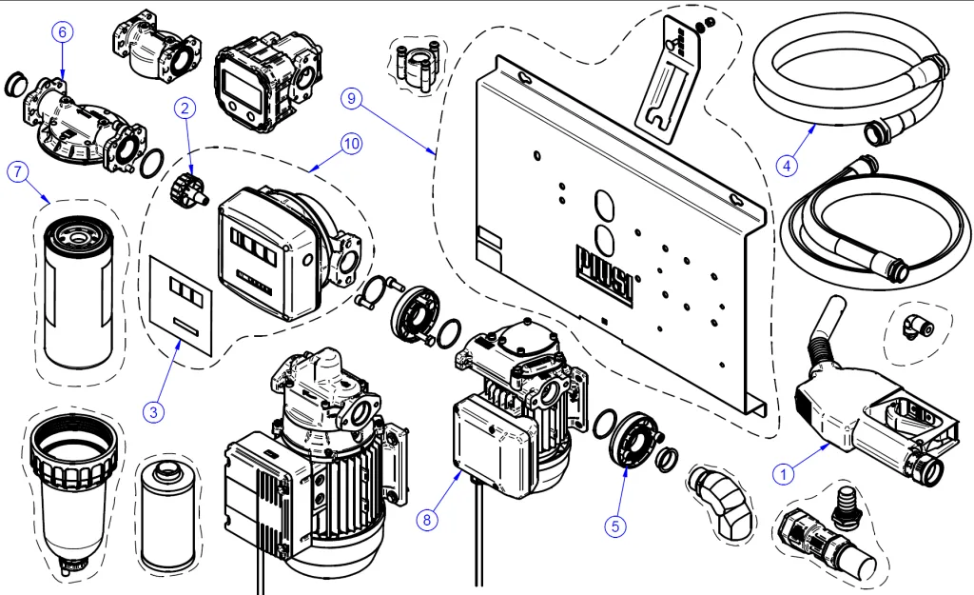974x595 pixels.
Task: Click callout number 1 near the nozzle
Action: tap(785, 471)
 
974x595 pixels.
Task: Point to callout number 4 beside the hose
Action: tap(786, 164)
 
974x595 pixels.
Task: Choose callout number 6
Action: tap(63, 31)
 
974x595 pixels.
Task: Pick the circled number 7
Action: tap(16, 171)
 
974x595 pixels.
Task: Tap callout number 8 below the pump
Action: tap(427, 520)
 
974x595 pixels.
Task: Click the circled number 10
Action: tap(351, 144)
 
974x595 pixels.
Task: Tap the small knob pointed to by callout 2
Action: tap(188, 188)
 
